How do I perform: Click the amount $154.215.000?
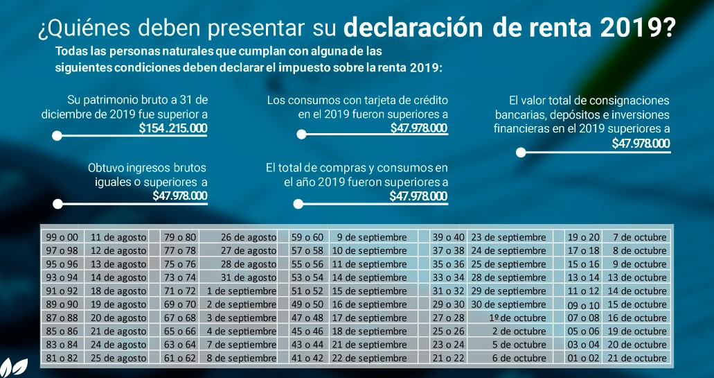click(172, 128)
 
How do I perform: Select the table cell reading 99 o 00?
click(62, 237)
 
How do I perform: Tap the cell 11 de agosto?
click(118, 237)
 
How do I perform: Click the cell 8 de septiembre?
click(241, 358)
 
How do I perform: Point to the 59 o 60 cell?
click(307, 237)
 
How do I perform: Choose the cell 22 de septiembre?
click(370, 358)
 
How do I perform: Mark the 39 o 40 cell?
click(448, 237)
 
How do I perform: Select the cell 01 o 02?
click(583, 358)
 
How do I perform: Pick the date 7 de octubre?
click(639, 237)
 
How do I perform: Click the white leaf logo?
click(13, 366)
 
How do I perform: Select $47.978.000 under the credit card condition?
click(418, 128)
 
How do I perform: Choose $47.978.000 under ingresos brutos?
click(179, 196)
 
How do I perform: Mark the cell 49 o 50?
click(307, 304)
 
